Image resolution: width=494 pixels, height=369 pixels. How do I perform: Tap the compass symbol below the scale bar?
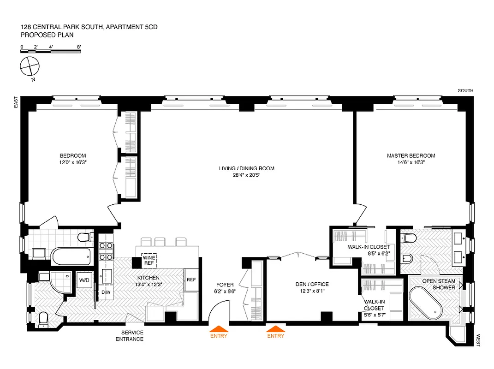tap(29, 66)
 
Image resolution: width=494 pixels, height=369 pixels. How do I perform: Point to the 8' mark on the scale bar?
tap(79, 47)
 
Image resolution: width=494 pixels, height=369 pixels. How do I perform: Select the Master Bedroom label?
tap(411, 156)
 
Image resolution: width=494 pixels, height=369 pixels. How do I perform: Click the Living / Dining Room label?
tap(246, 168)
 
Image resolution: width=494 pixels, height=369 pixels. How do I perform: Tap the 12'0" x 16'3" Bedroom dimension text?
tap(72, 162)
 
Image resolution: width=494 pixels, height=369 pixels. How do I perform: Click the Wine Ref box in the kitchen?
tap(148, 260)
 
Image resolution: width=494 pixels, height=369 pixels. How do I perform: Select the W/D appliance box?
tap(84, 280)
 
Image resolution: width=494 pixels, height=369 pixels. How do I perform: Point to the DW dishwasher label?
tap(106, 292)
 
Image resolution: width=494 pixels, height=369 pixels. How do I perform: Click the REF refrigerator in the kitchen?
tap(191, 280)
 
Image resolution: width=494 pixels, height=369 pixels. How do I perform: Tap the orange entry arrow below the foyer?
tap(219, 329)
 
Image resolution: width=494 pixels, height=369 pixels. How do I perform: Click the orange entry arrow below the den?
tap(276, 329)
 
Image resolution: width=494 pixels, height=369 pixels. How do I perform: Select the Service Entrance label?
tap(132, 336)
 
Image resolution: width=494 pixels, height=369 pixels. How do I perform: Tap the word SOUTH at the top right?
tap(465, 91)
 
